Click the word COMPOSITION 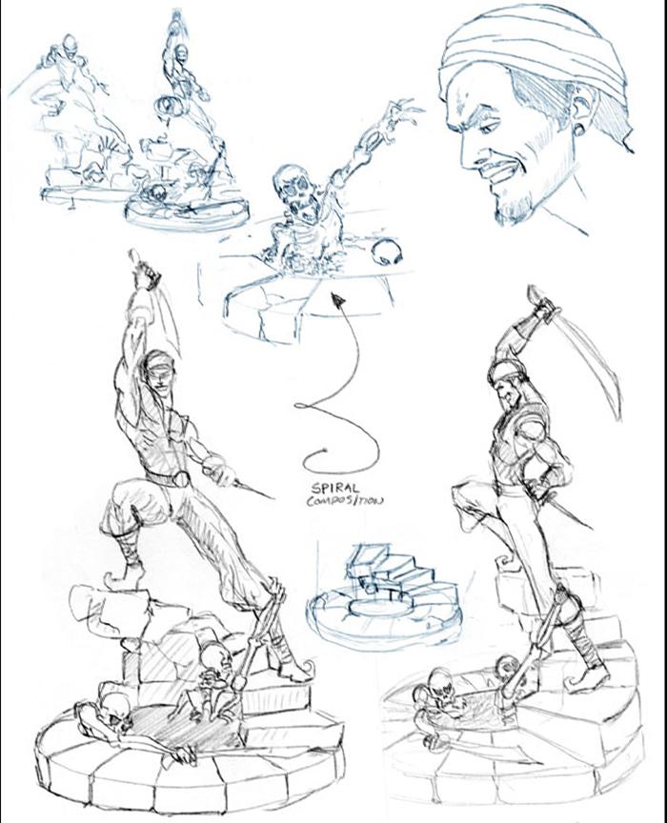pos(345,500)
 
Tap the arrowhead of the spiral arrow pos(338,300)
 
